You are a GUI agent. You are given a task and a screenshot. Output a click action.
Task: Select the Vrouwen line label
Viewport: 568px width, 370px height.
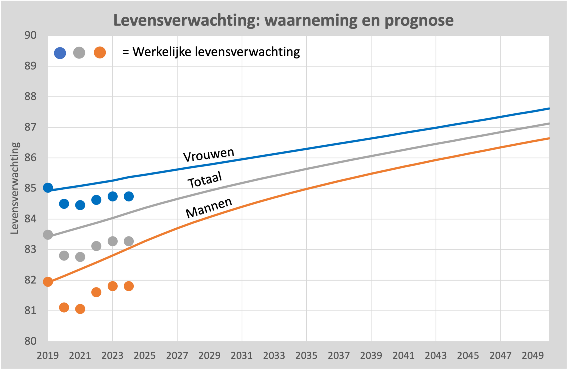click(x=209, y=154)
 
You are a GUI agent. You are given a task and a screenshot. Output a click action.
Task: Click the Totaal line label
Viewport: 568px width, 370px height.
click(x=205, y=180)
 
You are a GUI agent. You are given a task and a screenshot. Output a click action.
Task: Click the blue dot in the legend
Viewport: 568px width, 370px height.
click(x=60, y=53)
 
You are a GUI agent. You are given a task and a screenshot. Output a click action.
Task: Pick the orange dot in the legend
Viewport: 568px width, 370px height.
click(x=100, y=52)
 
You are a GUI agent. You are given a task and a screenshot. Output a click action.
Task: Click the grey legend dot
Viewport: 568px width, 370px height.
click(x=79, y=53)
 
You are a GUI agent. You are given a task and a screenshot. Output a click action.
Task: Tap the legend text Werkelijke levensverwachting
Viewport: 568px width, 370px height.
click(x=216, y=52)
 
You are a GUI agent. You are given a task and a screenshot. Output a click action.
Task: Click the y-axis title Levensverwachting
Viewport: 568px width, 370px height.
click(x=14, y=188)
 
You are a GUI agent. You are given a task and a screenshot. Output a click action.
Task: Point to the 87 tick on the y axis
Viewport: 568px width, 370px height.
click(x=31, y=127)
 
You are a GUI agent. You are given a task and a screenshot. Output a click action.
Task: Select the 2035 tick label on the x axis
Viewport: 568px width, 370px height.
click(x=306, y=356)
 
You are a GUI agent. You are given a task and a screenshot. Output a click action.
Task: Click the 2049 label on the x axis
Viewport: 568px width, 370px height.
click(x=532, y=356)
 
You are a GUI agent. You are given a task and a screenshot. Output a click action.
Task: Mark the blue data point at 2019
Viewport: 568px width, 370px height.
click(x=48, y=188)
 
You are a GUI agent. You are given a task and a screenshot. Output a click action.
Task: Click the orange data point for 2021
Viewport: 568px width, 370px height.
click(x=80, y=309)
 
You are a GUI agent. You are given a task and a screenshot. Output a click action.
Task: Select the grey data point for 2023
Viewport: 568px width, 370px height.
click(x=112, y=241)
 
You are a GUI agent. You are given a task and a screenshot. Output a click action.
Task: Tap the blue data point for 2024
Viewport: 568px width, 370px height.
click(x=129, y=196)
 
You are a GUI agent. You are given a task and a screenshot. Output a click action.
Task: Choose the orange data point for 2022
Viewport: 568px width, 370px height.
click(x=96, y=292)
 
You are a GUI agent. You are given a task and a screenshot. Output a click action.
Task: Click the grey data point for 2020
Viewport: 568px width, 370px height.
click(x=64, y=256)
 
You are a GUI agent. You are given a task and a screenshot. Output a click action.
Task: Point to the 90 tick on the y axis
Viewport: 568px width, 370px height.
click(x=31, y=35)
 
